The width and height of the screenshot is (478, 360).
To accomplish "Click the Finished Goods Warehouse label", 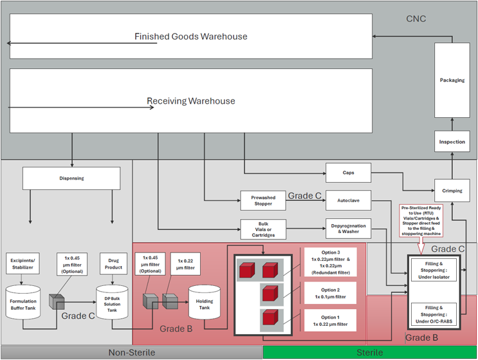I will pos(190,37).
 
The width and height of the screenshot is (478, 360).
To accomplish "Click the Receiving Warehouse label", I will pos(190,101).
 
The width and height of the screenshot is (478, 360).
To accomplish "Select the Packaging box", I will pos(452,81).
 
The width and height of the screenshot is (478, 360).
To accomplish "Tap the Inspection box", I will pos(452,142).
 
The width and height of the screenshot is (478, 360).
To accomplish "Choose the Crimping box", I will pos(452,191).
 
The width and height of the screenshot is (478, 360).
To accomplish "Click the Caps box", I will pos(348,173).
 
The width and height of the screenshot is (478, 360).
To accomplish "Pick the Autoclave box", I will pos(348,201).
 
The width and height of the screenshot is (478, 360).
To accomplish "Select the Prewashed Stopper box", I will pos(262,201).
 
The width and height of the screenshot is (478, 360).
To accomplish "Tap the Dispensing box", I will pos(71,178).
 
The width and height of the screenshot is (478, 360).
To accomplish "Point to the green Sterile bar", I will pos(370,352).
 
